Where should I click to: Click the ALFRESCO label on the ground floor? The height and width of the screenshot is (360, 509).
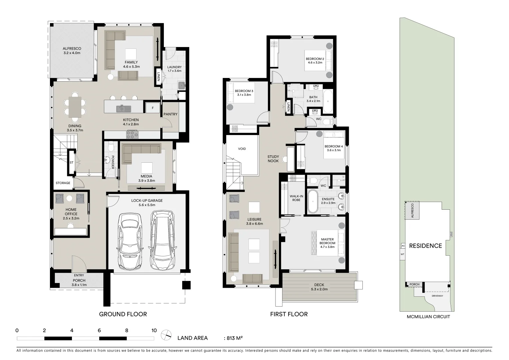72,49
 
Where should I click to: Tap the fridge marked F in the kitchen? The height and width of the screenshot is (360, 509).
153,108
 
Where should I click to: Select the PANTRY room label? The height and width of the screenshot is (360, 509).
170,114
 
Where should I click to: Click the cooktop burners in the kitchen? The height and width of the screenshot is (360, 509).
132,135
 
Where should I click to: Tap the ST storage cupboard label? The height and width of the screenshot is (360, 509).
71,163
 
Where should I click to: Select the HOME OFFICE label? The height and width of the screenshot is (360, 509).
71,212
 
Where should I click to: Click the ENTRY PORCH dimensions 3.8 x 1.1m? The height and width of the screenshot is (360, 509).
79,285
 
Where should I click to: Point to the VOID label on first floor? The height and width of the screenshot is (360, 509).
242,149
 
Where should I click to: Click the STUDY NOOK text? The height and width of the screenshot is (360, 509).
273,159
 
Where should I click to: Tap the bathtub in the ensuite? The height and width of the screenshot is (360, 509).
313,201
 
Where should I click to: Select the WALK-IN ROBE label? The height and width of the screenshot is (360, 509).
296,198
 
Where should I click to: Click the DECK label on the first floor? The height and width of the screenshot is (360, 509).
319,285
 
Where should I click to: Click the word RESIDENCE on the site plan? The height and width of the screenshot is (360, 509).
425,246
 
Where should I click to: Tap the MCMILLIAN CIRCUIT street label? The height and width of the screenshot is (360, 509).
428,317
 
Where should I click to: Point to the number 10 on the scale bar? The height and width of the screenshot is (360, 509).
154,331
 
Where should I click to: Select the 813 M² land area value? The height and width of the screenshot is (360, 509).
235,338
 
